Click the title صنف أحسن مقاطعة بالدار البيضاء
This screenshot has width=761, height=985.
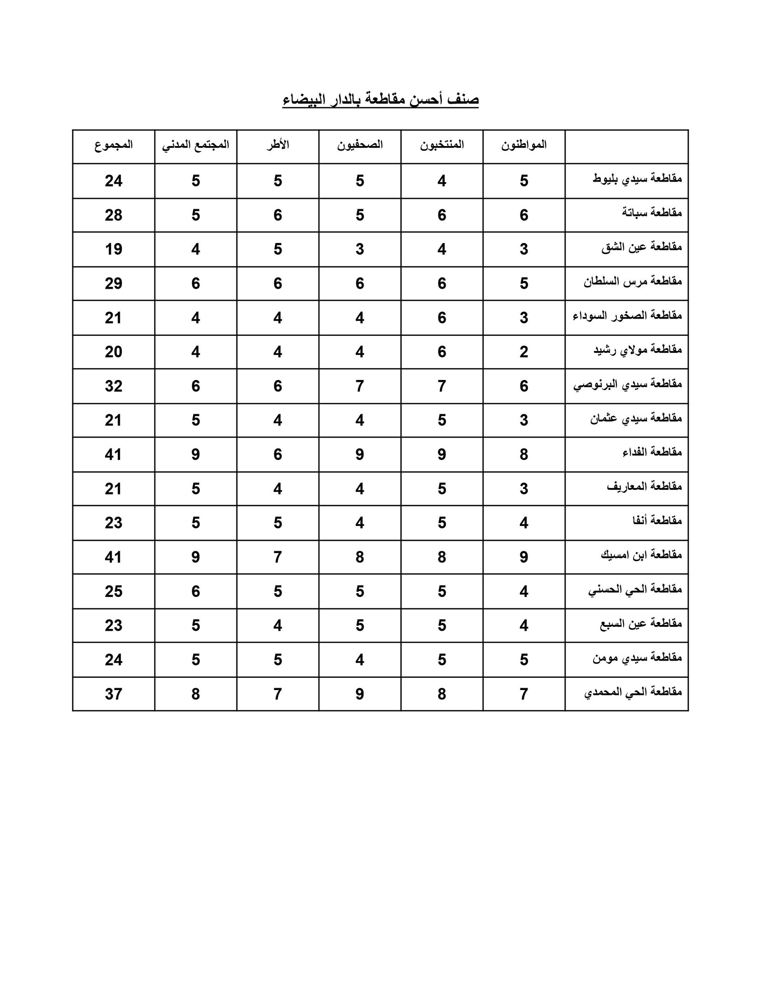pyautogui.click(x=380, y=100)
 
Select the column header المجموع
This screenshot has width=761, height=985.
pyautogui.click(x=114, y=145)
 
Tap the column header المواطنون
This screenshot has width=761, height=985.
pyautogui.click(x=524, y=145)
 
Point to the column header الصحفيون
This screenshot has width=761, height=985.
pyautogui.click(x=360, y=145)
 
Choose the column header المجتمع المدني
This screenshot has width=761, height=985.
pyautogui.click(x=196, y=145)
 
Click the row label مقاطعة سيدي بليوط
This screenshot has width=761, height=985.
pyautogui.click(x=637, y=179)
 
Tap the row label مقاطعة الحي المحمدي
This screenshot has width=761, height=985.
pyautogui.click(x=633, y=692)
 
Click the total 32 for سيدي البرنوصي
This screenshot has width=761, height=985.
pyautogui.click(x=114, y=386)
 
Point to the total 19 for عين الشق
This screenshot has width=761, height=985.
pyautogui.click(x=114, y=249)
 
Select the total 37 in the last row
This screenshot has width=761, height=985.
pyautogui.click(x=114, y=694)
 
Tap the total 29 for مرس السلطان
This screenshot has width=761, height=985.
pyautogui.click(x=114, y=283)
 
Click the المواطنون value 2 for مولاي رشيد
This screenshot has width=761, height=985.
pyautogui.click(x=524, y=352)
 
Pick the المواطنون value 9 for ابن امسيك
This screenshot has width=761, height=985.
pyautogui.click(x=524, y=557)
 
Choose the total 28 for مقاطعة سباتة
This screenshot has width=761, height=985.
pyautogui.click(x=114, y=215)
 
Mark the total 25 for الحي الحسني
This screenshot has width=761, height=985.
pyautogui.click(x=114, y=591)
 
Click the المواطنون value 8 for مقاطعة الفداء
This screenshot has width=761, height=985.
pyautogui.click(x=524, y=454)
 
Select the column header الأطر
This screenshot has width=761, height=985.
pyautogui.click(x=278, y=145)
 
